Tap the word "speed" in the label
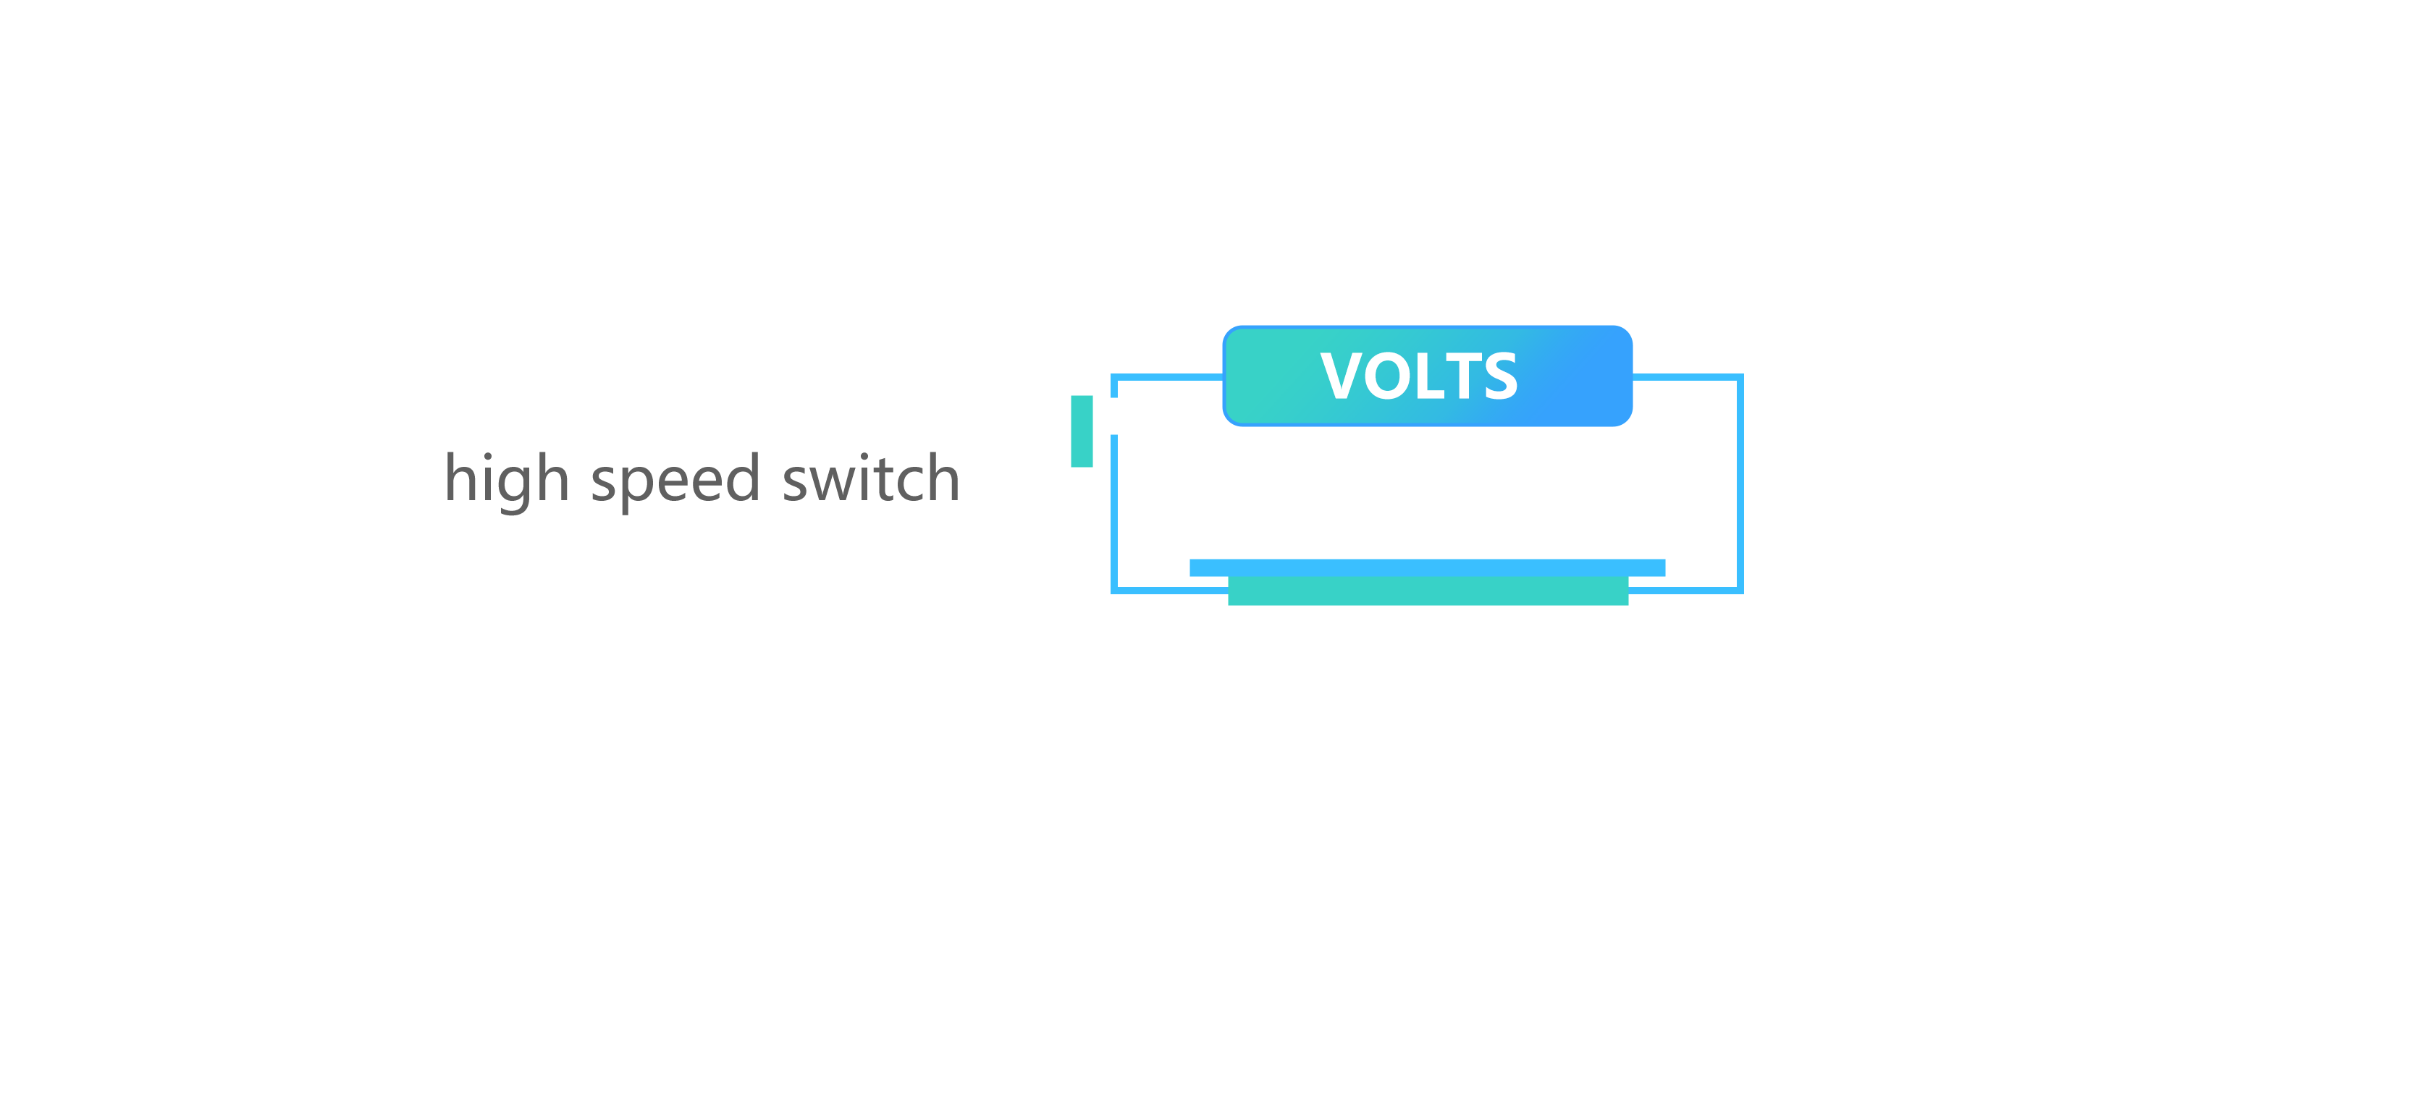(675, 481)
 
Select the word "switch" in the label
(871, 478)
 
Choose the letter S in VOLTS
(1499, 376)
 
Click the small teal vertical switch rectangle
(1082, 431)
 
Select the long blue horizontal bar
(1428, 567)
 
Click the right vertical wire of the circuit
(1740, 483)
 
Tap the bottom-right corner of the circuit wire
(1740, 590)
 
